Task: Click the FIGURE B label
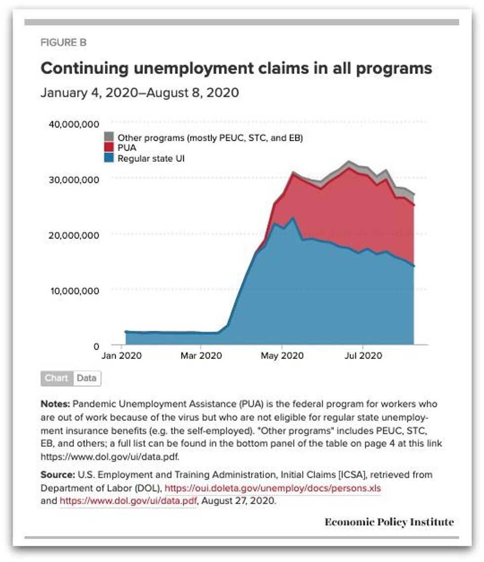(x=64, y=43)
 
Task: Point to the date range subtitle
(x=140, y=93)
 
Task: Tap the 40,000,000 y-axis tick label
(x=74, y=123)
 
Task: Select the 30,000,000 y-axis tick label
(x=74, y=179)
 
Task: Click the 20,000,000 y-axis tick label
(x=74, y=235)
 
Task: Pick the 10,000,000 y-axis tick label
(x=74, y=290)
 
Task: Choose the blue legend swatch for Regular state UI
(x=109, y=159)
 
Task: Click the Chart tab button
(x=57, y=378)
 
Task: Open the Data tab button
(x=86, y=378)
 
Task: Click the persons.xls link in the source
(x=273, y=488)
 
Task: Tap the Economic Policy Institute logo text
(x=389, y=522)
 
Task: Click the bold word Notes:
(x=57, y=403)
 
